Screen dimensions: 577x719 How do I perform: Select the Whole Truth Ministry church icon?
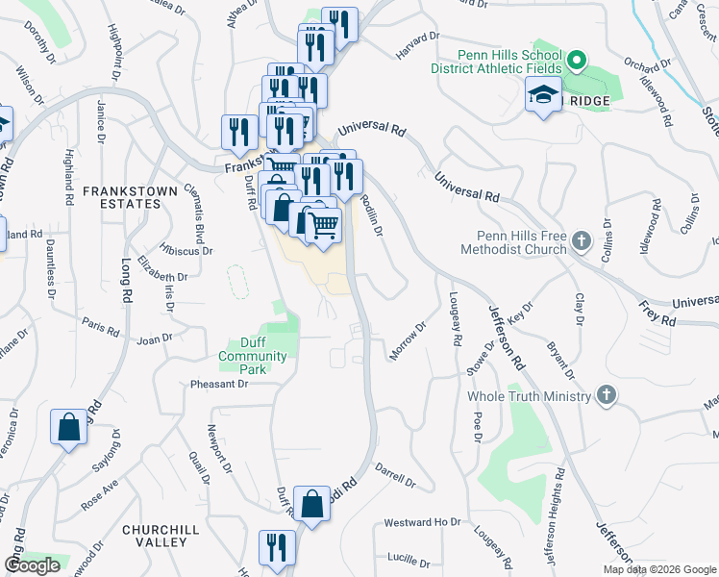pyautogui.click(x=606, y=395)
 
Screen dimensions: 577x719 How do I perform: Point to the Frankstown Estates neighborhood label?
pyautogui.click(x=130, y=197)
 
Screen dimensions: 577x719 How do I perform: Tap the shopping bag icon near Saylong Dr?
pyautogui.click(x=70, y=429)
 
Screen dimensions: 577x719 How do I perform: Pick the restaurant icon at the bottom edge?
pyautogui.click(x=277, y=548)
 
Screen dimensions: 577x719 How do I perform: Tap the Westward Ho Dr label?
pyautogui.click(x=423, y=523)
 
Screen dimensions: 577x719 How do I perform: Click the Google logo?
pyautogui.click(x=32, y=565)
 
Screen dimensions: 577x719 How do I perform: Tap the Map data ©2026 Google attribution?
pyautogui.click(x=659, y=569)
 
